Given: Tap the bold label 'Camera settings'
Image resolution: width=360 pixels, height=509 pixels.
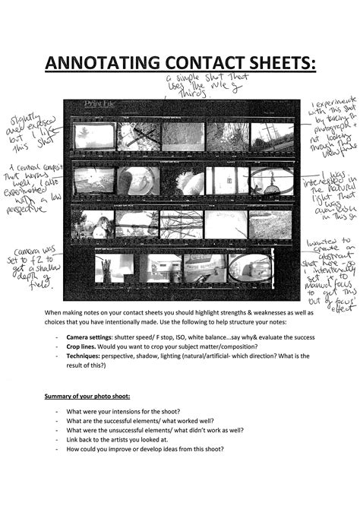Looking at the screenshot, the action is [91, 337].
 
